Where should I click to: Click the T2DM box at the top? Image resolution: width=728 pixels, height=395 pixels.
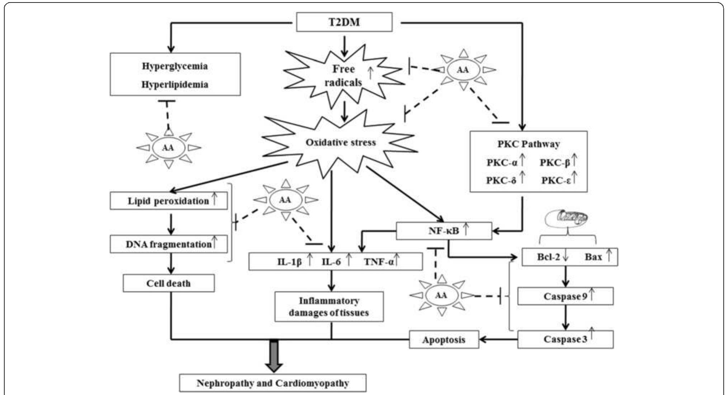coord(344,22)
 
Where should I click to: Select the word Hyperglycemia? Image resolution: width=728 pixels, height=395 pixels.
coord(175,66)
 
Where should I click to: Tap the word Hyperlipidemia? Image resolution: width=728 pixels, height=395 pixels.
coord(175,85)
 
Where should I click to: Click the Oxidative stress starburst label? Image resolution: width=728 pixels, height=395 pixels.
coord(341,142)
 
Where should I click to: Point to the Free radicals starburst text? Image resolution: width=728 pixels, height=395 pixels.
coord(343,76)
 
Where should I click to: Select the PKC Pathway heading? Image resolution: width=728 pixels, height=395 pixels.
coord(528,144)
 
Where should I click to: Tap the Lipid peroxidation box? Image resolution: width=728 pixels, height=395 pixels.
coord(168,201)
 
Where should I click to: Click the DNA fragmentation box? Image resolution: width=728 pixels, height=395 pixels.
coord(168,244)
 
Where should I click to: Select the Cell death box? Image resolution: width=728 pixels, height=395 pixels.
coord(168,284)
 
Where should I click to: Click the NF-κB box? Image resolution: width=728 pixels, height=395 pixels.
coord(444,231)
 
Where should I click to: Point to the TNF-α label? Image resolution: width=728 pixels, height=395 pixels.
coord(379,262)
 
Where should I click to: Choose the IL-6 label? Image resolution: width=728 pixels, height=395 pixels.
coord(331,262)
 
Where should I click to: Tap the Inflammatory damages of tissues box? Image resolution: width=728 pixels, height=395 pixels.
coord(329,307)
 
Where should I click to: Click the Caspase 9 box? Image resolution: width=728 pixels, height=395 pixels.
coord(565,296)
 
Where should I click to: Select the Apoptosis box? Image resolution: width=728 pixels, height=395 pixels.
coord(443,340)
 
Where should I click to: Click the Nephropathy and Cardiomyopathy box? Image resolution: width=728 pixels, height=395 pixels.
coord(272,383)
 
